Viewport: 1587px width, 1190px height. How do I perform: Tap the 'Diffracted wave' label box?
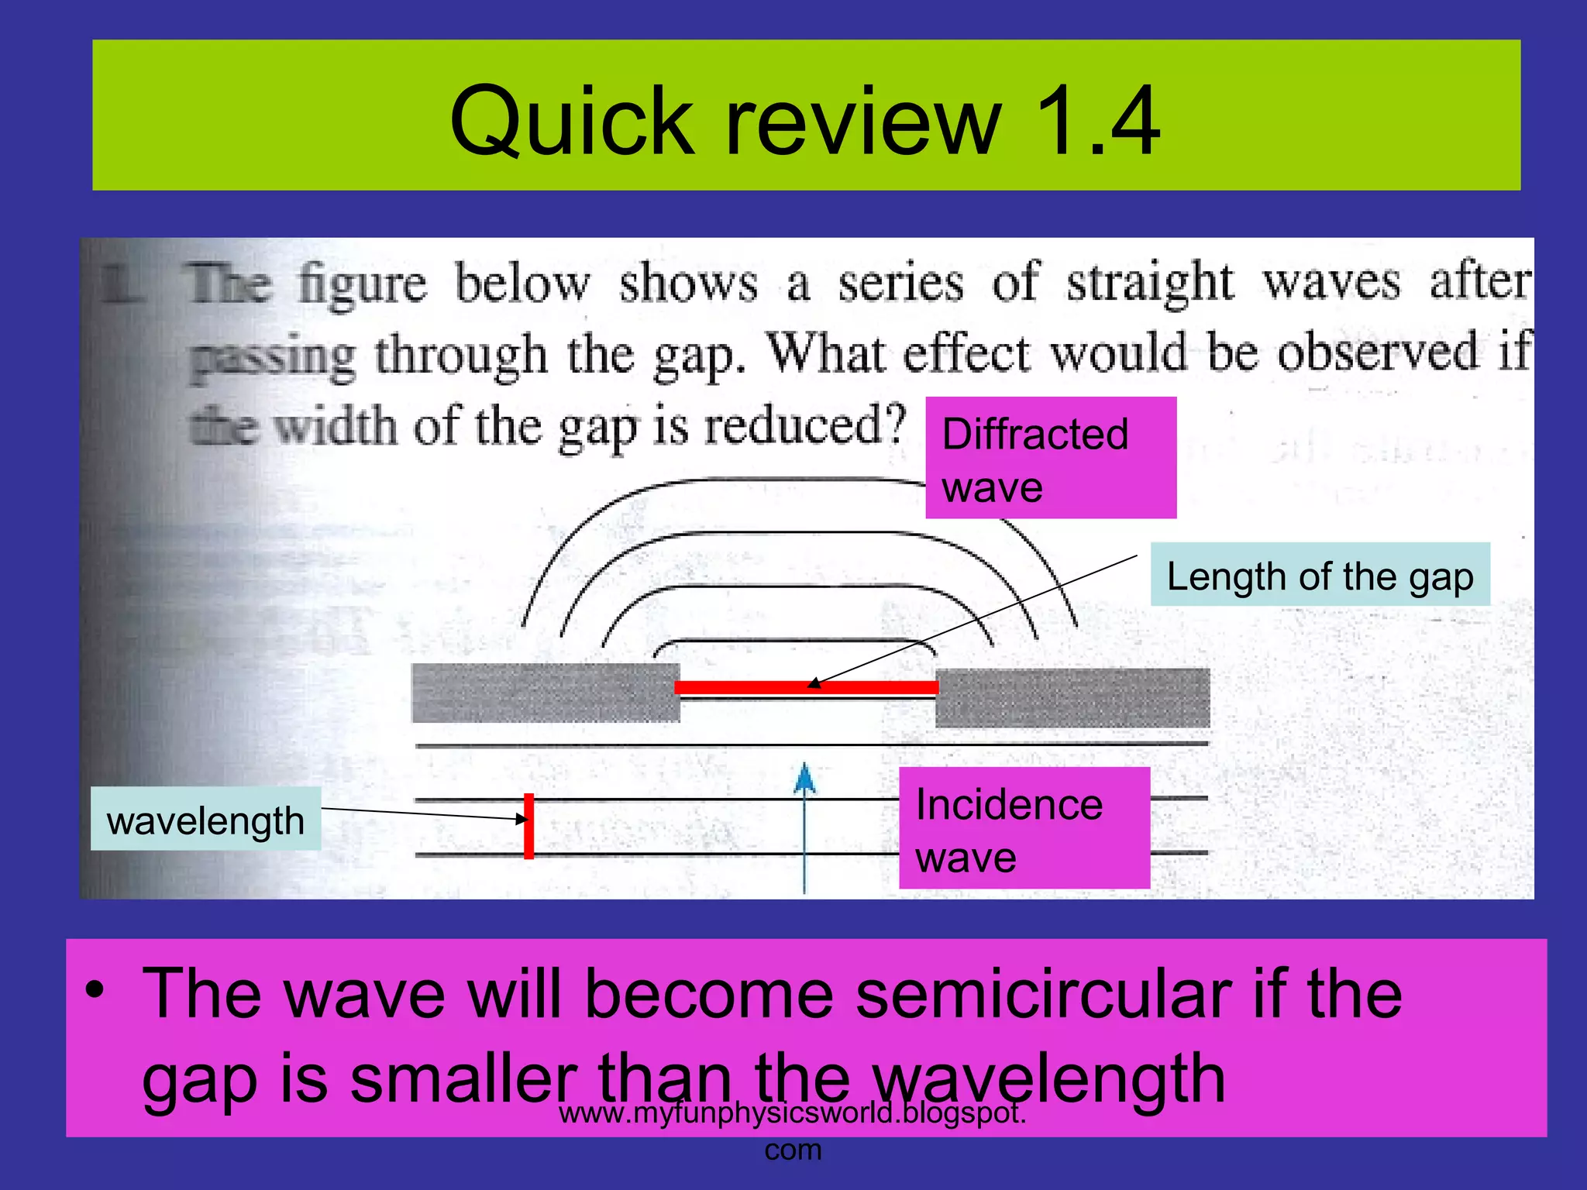point(1050,458)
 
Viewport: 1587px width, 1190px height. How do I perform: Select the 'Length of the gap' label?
point(1320,575)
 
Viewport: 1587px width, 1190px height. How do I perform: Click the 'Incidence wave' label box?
point(1024,828)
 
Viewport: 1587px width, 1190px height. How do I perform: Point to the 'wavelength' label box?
point(205,820)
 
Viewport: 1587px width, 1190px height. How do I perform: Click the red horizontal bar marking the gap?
point(806,687)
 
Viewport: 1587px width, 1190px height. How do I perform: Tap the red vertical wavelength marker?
point(528,826)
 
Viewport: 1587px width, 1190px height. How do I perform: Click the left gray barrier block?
point(546,693)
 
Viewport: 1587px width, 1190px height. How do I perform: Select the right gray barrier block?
point(1072,697)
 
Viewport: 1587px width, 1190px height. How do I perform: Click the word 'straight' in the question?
point(1149,282)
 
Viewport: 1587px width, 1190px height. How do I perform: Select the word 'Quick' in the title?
point(572,122)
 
